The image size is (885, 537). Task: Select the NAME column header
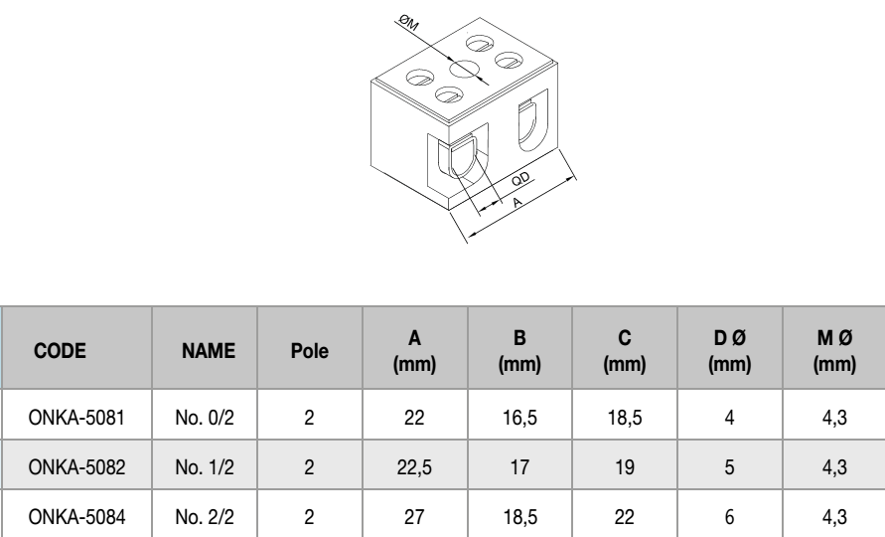[x=207, y=350]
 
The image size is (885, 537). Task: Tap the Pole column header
[x=309, y=350]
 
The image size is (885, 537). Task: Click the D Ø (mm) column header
[x=730, y=350]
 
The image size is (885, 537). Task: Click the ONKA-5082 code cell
[x=75, y=468]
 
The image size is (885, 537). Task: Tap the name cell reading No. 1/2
[x=207, y=468]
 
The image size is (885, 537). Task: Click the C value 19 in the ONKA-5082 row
[x=625, y=468]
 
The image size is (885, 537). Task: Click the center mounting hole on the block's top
[x=463, y=71]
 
